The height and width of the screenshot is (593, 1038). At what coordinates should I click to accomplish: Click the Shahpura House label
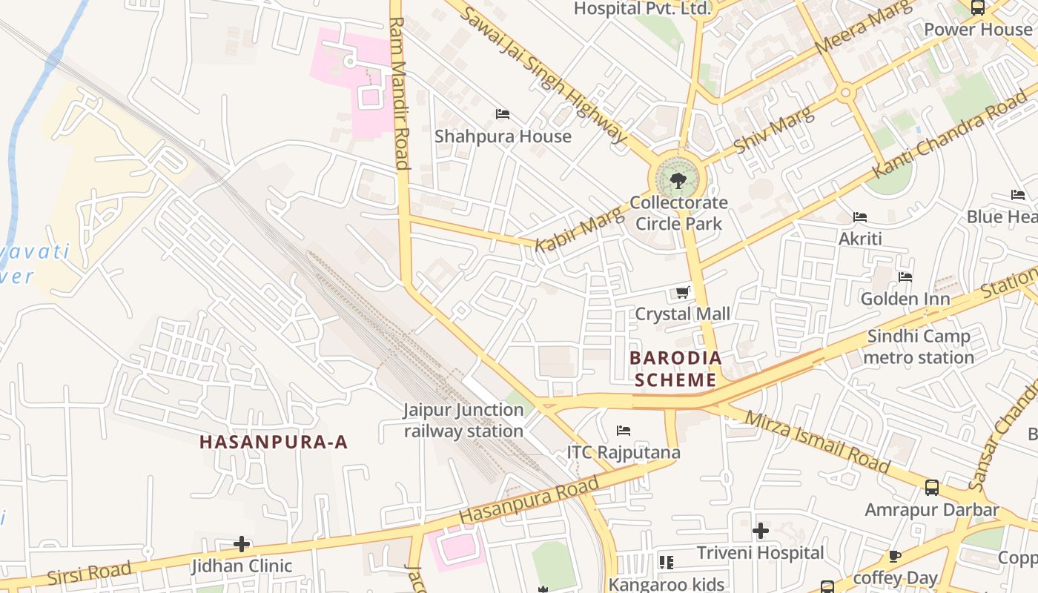(x=503, y=136)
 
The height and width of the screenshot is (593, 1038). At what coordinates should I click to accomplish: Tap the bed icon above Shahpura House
(x=503, y=114)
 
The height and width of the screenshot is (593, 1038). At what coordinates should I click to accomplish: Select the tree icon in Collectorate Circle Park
(x=678, y=180)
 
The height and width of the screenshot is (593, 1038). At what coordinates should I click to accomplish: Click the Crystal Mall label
(x=682, y=314)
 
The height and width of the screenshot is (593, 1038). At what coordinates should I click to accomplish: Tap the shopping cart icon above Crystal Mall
(x=683, y=292)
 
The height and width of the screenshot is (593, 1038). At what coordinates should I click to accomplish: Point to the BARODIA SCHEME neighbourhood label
(x=675, y=369)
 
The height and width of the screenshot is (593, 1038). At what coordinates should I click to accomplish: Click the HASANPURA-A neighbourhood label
(x=274, y=443)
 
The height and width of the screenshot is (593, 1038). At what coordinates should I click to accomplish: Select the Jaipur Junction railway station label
(x=463, y=420)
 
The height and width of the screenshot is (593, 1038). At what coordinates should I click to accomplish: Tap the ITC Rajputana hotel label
(x=624, y=452)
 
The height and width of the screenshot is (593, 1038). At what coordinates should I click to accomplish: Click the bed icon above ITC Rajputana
(x=624, y=431)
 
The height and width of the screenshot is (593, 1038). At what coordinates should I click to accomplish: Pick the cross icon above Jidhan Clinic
(x=242, y=545)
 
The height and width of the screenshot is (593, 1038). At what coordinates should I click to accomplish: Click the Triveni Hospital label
(x=760, y=553)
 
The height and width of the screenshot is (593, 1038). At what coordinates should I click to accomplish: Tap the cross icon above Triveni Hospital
(x=760, y=531)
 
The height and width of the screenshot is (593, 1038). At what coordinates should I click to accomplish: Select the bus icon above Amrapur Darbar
(x=932, y=488)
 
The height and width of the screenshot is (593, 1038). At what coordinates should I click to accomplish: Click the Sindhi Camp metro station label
(x=919, y=347)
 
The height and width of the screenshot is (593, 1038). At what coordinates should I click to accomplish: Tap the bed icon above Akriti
(x=860, y=217)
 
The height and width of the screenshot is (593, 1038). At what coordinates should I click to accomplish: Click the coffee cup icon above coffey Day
(x=895, y=556)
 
